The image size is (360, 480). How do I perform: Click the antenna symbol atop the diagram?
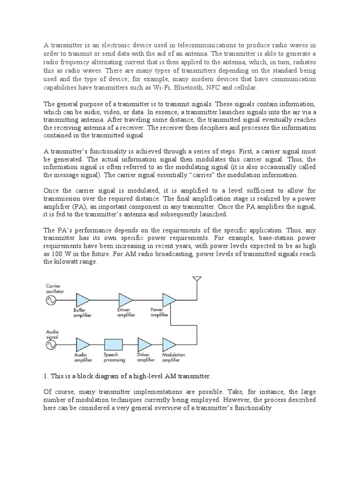coord(197,280)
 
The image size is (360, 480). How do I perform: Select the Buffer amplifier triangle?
coord(82,300)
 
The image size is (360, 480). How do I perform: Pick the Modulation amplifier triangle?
coord(170,345)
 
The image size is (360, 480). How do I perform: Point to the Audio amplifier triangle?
coord(82,345)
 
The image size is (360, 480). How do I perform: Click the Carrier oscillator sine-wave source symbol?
coord(50,300)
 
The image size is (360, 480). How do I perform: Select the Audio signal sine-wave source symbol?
coord(50,345)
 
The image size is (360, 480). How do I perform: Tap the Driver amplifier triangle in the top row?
coord(126,300)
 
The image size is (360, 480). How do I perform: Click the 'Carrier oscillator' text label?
coord(55,288)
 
